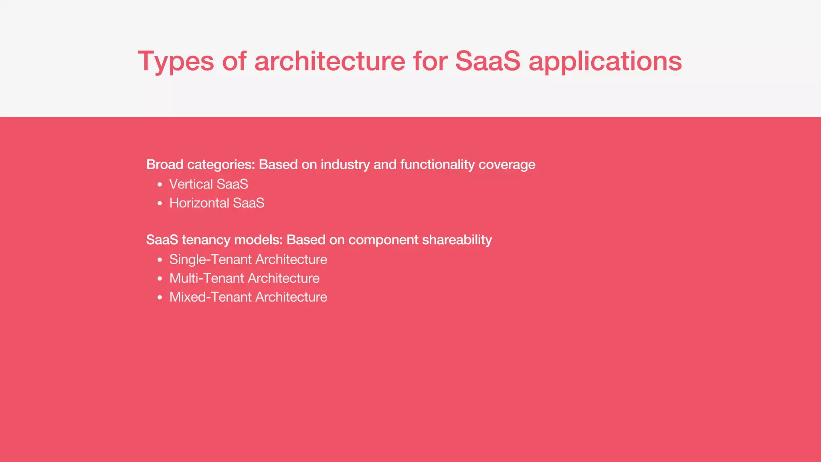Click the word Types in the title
(x=176, y=62)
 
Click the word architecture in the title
(x=330, y=61)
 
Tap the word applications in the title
(x=605, y=62)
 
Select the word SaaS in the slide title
(x=487, y=61)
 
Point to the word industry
(x=345, y=165)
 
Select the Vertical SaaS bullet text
(x=208, y=184)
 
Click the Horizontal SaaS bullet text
(x=217, y=203)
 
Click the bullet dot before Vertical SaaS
(x=160, y=185)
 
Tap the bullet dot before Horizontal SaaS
(x=160, y=204)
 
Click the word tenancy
(x=206, y=240)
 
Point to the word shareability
(x=457, y=240)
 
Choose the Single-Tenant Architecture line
(x=248, y=259)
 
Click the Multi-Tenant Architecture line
(x=244, y=278)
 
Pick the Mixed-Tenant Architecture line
(x=248, y=297)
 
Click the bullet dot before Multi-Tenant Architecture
(x=160, y=279)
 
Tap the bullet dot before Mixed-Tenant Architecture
(x=160, y=298)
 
